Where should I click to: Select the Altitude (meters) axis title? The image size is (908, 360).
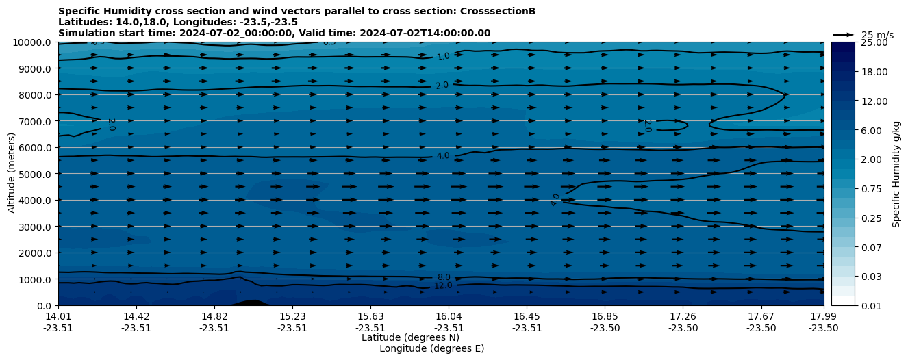(x=12, y=174)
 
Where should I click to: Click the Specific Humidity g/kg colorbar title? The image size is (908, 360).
(x=896, y=174)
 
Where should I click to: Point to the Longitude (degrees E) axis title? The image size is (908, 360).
(x=431, y=348)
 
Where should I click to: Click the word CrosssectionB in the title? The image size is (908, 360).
(x=498, y=12)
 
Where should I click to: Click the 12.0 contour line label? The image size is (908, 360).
(x=443, y=285)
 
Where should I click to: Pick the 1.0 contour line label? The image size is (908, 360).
(x=443, y=57)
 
